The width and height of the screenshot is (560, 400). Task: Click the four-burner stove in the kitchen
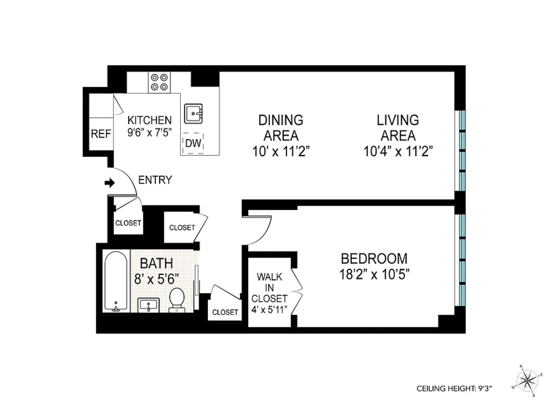point(159,82)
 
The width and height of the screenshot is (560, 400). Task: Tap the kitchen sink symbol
point(193,114)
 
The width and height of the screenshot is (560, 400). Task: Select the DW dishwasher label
point(193,143)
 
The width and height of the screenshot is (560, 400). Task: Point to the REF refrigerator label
point(101,134)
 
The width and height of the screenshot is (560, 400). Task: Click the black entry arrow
point(110,182)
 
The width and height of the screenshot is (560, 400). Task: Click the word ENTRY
point(155,180)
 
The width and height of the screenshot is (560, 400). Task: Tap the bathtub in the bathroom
point(116,281)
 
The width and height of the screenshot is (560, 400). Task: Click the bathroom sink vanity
point(148,305)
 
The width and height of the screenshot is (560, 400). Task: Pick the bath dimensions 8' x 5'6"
point(156,279)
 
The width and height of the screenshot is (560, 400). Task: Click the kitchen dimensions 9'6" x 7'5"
point(150,133)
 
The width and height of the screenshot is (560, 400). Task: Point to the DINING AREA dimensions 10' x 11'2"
point(281,151)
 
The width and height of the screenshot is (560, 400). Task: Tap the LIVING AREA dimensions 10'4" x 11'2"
point(398,151)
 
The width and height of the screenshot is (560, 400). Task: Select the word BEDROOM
point(374,258)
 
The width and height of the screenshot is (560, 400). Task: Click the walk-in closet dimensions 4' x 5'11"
point(269,310)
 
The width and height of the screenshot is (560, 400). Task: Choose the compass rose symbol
point(527,380)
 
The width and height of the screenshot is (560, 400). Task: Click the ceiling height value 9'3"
point(485,388)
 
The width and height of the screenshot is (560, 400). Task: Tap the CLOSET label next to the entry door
point(128,223)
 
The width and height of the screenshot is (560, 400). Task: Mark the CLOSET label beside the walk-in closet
point(225,312)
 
